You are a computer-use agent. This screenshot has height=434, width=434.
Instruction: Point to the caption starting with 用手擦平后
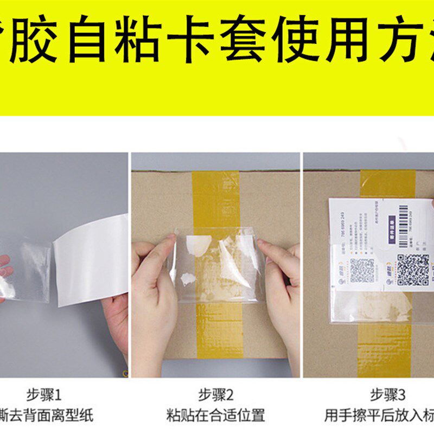(380, 416)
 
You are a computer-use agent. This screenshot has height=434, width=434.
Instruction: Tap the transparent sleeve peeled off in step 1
(30, 271)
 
